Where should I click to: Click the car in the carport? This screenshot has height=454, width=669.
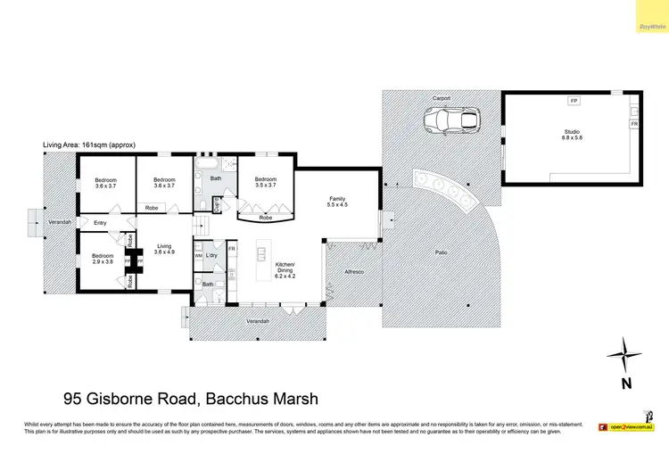[451, 119]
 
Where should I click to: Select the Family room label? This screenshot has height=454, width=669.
[337, 202]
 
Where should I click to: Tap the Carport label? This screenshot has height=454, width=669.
[442, 96]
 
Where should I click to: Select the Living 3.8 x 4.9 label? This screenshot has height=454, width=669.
[164, 250]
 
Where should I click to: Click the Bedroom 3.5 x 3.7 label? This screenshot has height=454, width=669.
[266, 181]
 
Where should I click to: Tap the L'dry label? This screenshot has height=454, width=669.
[212, 256]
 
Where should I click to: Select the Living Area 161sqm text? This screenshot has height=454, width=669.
[86, 144]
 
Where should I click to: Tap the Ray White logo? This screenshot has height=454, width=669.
[651, 27]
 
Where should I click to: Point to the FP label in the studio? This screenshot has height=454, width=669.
[574, 100]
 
